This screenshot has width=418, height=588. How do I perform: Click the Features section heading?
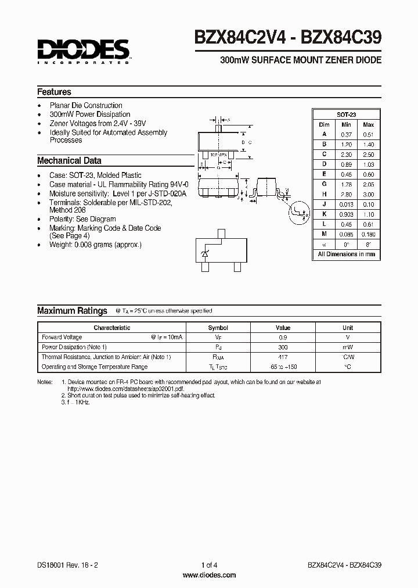54,92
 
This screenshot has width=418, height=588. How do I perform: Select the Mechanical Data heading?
69,161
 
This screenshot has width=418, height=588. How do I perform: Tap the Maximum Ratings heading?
72,311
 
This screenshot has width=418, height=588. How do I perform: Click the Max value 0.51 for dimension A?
368,134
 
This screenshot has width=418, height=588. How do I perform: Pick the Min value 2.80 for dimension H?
346,194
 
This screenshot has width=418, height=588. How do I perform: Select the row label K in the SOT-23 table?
324,214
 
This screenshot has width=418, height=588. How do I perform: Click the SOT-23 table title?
346,114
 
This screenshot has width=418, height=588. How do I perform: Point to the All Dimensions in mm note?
346,254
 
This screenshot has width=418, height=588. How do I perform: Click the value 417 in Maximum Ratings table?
283,357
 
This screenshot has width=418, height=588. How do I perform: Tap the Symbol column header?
218,328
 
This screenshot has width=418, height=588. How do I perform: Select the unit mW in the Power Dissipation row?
348,347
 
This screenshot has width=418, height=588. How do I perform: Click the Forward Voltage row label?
62,337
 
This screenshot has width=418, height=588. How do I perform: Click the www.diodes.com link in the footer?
209,575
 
